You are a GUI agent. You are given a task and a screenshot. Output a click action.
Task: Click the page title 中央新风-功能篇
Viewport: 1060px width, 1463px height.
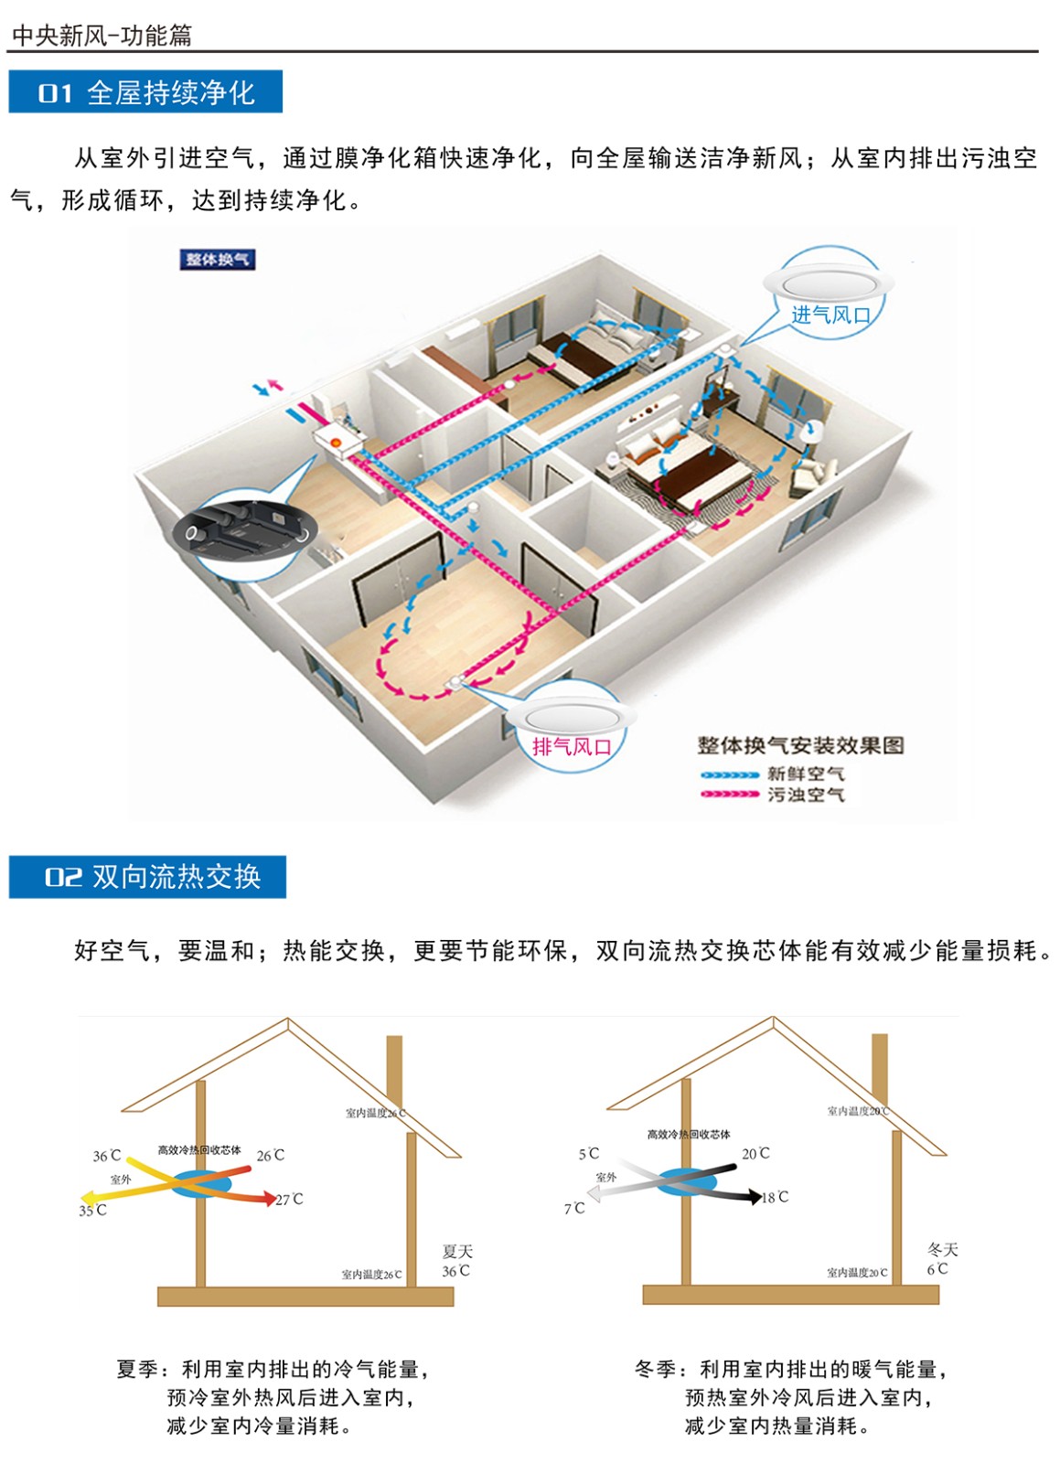coord(102,35)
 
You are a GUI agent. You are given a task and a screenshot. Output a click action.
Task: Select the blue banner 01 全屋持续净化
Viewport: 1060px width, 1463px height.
coord(145,92)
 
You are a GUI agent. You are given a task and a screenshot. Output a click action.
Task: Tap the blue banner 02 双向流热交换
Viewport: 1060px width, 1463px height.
coord(147,877)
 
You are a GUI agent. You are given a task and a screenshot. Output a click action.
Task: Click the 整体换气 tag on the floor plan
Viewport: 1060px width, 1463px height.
coord(217,260)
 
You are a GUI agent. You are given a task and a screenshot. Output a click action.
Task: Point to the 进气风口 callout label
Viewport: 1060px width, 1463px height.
coord(830,315)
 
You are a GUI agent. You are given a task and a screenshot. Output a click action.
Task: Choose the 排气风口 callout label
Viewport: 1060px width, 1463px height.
coord(573,746)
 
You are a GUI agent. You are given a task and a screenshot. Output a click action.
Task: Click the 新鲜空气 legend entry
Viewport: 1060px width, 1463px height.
coord(805,774)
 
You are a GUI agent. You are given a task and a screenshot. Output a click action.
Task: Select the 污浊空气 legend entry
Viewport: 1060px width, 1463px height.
coord(805,795)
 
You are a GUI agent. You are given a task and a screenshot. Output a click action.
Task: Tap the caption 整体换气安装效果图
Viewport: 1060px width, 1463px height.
coord(800,745)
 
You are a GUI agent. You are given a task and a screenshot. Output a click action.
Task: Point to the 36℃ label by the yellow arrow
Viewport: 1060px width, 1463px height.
coord(106,1156)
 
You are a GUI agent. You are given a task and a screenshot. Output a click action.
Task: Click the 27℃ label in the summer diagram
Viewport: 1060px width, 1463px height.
coord(290,1199)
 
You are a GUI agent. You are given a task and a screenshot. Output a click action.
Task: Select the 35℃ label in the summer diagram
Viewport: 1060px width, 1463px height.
coord(92,1211)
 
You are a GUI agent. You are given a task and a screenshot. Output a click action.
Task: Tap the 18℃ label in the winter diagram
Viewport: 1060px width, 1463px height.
coord(776,1197)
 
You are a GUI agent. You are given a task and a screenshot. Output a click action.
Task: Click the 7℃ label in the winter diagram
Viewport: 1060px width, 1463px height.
coord(574,1209)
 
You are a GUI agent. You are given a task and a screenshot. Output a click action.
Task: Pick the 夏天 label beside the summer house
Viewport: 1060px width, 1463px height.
coord(457,1251)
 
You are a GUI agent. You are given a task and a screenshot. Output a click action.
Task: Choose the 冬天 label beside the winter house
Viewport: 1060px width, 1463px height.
coord(942,1249)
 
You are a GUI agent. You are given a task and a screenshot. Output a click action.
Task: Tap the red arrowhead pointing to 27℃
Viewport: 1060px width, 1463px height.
coord(269,1197)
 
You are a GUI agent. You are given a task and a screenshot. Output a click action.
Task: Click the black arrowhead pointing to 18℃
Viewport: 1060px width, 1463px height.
coord(755,1195)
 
